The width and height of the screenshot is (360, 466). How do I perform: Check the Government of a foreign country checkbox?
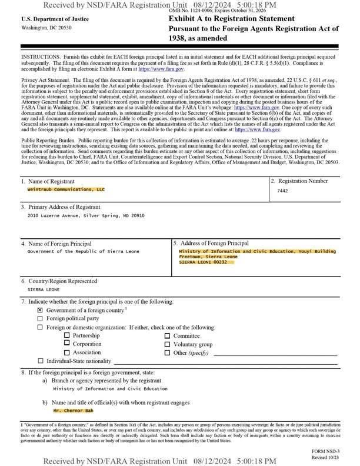pos(40,309)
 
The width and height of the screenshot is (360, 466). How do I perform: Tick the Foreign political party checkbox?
pos(40,318)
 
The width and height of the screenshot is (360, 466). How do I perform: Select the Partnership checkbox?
pos(68,335)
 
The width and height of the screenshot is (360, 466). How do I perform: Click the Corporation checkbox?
pos(68,344)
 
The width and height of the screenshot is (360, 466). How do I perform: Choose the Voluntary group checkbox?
pos(168,344)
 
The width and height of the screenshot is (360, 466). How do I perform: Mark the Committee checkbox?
pos(168,335)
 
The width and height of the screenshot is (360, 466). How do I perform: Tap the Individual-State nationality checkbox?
pos(40,361)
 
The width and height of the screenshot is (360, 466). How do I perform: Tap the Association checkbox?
pos(68,352)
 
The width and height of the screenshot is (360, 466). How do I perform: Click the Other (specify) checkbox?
pos(168,352)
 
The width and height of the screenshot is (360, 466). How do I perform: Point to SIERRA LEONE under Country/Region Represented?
pos(44,289)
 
